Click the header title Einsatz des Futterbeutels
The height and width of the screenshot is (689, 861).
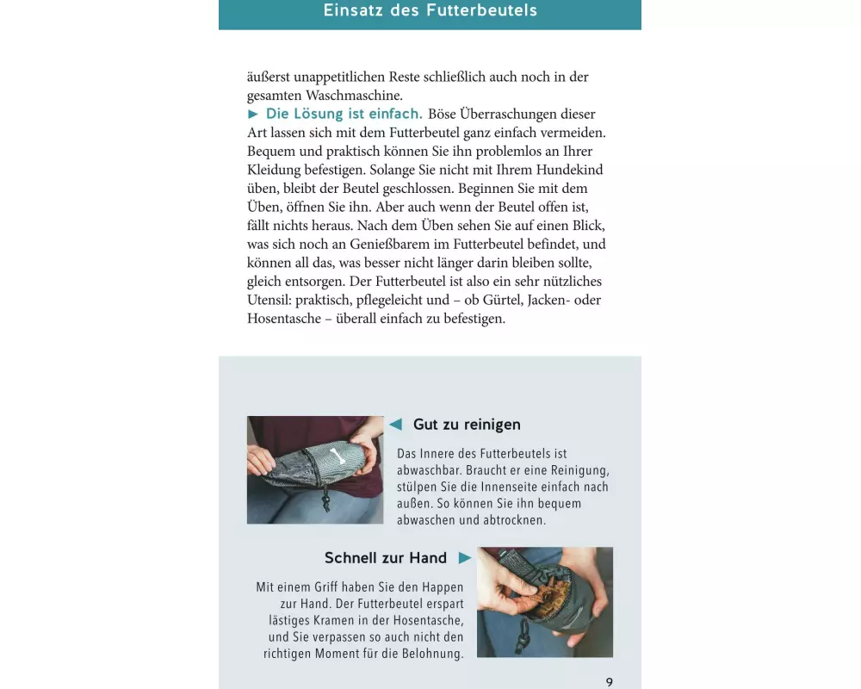click(x=430, y=10)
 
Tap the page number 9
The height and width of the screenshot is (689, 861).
click(x=609, y=682)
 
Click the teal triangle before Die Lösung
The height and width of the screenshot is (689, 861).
click(x=252, y=115)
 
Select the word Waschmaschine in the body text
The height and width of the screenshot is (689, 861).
click(x=354, y=96)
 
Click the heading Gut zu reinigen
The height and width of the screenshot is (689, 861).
click(x=467, y=425)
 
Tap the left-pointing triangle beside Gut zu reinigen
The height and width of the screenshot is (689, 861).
click(x=395, y=425)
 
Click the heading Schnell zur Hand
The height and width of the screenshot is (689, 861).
click(x=386, y=558)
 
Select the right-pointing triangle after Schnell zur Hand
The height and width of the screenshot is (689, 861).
click(x=465, y=558)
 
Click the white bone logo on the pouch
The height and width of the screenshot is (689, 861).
click(x=334, y=456)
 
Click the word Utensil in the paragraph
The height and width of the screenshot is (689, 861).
click(x=269, y=300)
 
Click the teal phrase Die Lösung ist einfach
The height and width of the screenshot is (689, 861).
click(x=344, y=114)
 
